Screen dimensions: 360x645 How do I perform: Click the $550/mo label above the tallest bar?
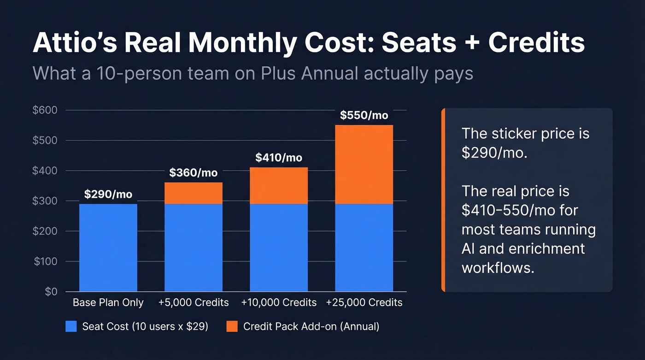[364, 115]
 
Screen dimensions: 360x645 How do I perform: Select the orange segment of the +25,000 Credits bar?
[364, 165]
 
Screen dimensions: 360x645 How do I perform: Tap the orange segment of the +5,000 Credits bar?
[193, 193]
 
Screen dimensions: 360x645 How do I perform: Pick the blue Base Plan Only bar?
[108, 248]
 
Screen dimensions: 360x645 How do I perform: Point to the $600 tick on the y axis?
[45, 110]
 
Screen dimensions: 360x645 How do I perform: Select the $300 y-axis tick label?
[45, 201]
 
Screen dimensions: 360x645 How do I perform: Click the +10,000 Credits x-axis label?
[279, 303]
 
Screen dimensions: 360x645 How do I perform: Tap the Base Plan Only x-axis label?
[108, 303]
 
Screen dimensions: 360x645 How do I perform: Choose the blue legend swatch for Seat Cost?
[71, 326]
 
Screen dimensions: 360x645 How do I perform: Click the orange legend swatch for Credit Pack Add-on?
[232, 326]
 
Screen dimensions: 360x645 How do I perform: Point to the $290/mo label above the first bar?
[108, 194]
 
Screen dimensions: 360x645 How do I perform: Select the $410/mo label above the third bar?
[279, 158]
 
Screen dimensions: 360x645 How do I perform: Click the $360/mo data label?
[193, 173]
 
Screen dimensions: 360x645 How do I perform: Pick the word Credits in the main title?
[537, 43]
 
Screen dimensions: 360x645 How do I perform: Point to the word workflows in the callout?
[498, 268]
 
